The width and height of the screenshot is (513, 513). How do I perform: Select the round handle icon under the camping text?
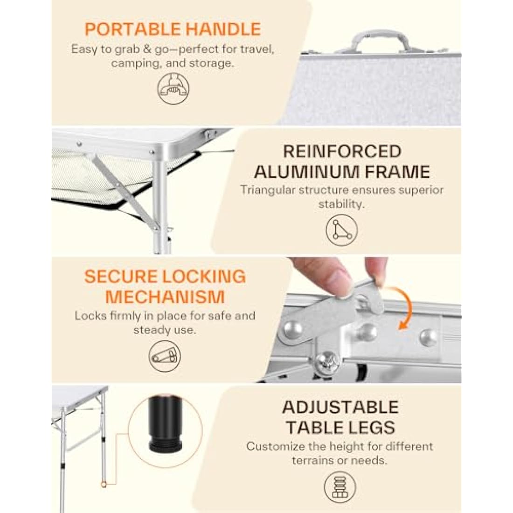coord(173,89)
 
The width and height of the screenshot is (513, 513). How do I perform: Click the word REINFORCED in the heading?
coord(342,151)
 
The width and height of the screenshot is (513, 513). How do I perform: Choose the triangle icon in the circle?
coord(341,230)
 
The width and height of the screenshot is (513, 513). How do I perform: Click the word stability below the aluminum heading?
coord(340,204)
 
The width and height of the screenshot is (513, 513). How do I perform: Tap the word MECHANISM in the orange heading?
coord(165,297)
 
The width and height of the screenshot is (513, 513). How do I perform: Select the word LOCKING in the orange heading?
coord(204,277)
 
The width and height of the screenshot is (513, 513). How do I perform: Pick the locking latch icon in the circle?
coord(165,356)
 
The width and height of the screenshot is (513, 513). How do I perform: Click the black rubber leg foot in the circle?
coord(165,424)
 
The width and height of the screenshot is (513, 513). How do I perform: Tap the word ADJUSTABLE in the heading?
coord(340,407)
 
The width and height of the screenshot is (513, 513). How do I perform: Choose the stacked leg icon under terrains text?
coord(340,487)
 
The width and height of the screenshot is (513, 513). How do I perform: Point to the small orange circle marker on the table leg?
coord(104,484)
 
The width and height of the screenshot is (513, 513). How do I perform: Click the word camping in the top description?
coord(136,63)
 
